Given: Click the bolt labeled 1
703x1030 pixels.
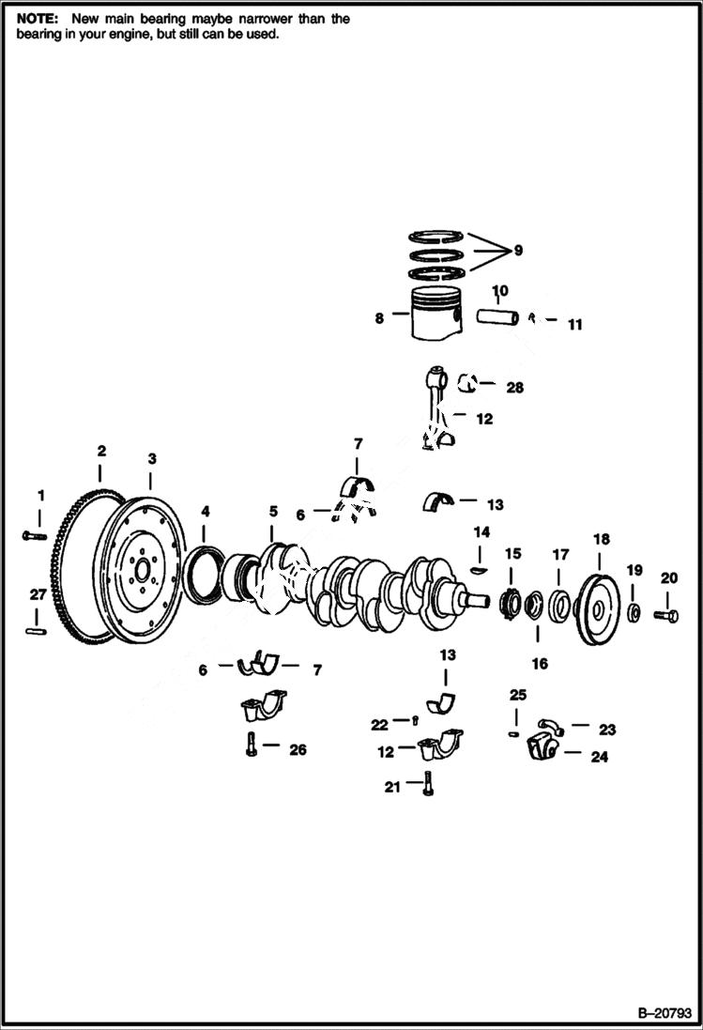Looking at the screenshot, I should [34, 535].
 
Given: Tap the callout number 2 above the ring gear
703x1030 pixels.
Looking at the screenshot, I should [102, 451].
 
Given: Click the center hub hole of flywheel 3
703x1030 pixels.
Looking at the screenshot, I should [142, 570].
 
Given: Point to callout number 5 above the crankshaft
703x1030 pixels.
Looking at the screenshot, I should [273, 512].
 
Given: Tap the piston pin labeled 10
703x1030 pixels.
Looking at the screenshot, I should [497, 317].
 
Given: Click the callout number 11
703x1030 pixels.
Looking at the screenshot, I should [574, 325].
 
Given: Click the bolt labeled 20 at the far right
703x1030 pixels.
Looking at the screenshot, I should [669, 615].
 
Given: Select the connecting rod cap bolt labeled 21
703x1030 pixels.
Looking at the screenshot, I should [427, 782].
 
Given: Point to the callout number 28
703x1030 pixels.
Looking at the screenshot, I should [514, 387].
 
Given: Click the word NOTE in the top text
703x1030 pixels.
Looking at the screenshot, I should [36, 19].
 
